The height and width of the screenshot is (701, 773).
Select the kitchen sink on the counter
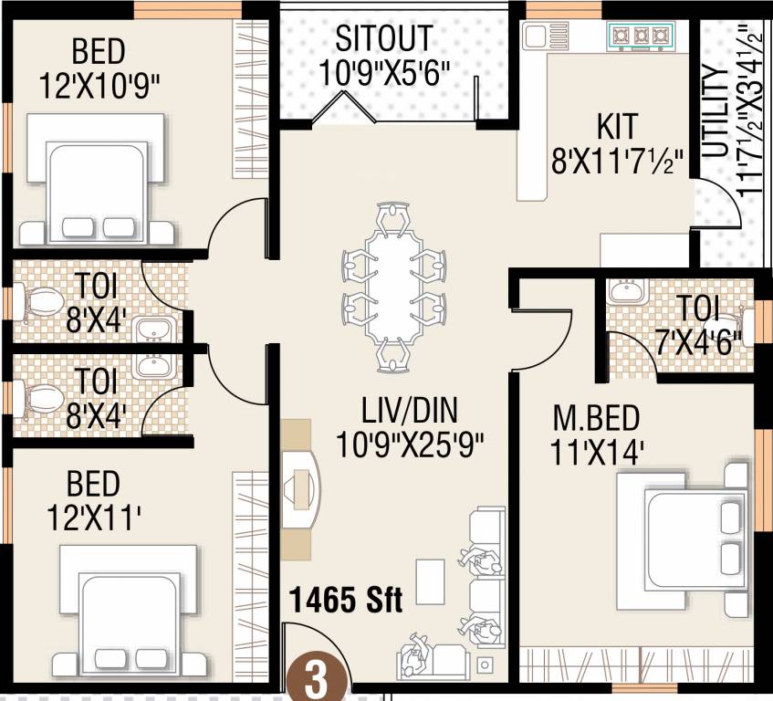coord(535,36)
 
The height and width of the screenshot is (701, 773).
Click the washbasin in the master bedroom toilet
coord(626,292)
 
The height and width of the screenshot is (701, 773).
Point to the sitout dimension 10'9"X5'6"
coord(386,73)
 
